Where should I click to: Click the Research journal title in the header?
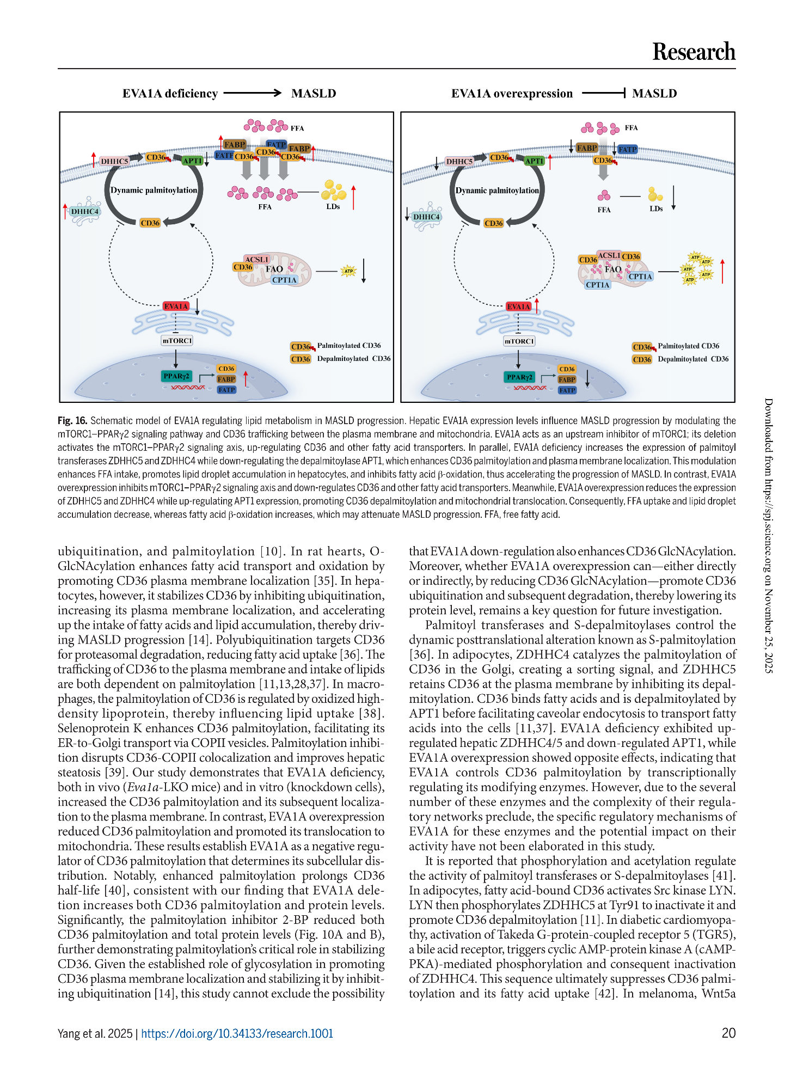[x=694, y=52]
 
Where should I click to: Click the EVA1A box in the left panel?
[x=176, y=306]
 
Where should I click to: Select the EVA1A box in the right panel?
[x=518, y=307]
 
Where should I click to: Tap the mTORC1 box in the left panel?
[x=177, y=340]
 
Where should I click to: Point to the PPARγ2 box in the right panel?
[x=519, y=377]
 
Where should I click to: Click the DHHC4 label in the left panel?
[x=85, y=211]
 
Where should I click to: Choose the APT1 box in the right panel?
[x=534, y=161]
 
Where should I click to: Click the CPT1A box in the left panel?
[x=285, y=280]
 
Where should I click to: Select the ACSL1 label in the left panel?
[x=256, y=259]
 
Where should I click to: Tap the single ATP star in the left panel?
[x=348, y=271]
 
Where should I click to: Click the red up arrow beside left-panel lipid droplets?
[x=353, y=197]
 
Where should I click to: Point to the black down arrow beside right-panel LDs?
[x=673, y=198]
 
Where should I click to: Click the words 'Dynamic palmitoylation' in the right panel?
[x=497, y=191]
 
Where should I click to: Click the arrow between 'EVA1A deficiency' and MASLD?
[x=253, y=93]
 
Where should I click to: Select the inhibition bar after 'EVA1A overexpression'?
[x=603, y=93]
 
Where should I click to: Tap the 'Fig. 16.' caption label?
[x=72, y=421]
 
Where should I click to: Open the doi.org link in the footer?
[x=237, y=1033]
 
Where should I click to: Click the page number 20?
[x=728, y=1033]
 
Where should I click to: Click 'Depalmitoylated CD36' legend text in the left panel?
[x=354, y=359]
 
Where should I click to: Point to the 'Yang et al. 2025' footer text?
[x=95, y=1033]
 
